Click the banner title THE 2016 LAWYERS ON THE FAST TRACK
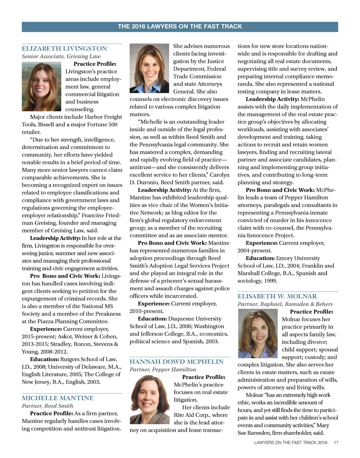[x=180, y=26]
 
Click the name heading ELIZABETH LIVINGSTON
[x=64, y=49]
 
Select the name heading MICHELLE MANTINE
[x=58, y=398]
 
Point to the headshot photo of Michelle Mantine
[x=149, y=68]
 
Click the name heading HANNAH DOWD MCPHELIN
[x=176, y=362]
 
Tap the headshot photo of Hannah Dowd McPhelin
[x=150, y=399]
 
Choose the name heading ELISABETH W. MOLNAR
[x=277, y=296]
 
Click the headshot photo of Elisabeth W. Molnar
[x=258, y=333]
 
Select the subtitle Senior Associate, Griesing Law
[x=61, y=56]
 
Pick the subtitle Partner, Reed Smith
[x=47, y=406]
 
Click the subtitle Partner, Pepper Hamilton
[x=163, y=369]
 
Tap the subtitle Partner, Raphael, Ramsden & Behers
[x=285, y=304]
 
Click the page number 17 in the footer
[x=336, y=443]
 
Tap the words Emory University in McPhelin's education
[x=298, y=258]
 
